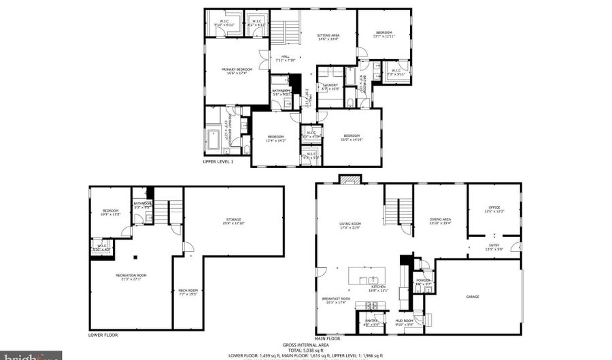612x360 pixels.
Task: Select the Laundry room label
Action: [330, 85]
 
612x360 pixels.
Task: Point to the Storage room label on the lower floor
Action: [233, 220]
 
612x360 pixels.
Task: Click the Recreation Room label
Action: [131, 275]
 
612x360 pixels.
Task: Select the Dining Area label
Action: [440, 220]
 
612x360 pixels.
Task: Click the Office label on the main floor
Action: [494, 208]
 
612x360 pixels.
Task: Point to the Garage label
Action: [472, 296]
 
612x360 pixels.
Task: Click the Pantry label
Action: [371, 321]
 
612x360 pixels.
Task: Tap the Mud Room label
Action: [404, 321]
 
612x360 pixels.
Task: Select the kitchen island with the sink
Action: [367, 277]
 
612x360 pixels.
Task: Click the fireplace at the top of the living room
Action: [351, 180]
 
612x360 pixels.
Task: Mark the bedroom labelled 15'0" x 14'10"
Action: [352, 135]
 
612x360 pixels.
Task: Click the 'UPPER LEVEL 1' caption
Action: [218, 162]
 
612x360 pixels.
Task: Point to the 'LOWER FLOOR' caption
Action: [103, 335]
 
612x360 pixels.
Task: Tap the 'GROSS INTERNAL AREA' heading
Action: [305, 346]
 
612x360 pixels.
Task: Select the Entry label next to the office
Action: [494, 246]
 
